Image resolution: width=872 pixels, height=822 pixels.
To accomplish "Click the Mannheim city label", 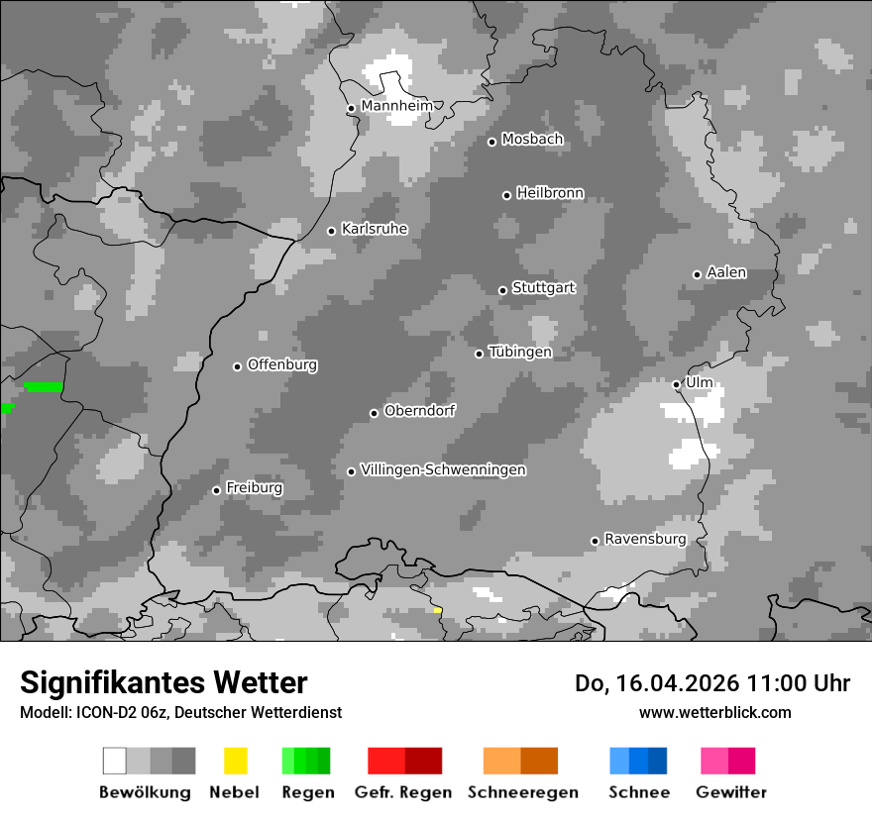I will pos(396,106).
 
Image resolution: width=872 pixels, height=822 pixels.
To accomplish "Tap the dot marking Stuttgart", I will pos(502,290).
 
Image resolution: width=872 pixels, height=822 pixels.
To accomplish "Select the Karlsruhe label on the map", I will pos(374,229).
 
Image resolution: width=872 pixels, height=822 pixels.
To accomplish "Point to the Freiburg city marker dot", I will pos(216,490).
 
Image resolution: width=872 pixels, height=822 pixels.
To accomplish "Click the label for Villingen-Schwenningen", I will pos(443,469).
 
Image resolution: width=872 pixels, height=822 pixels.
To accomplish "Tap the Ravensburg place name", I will pos(645,539).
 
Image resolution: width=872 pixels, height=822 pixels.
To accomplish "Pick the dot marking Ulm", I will pos(676,384).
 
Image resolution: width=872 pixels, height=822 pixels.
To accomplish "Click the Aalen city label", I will pos(726,272).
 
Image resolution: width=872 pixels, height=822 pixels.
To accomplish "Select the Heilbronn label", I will pos(550,193).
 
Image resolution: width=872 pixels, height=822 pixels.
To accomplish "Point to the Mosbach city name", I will pos(532,140).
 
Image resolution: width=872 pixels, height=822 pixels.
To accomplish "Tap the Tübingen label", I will pos(520,352).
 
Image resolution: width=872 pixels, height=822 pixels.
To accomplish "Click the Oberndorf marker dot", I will pos(374,413).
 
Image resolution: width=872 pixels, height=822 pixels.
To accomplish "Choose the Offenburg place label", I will pos(282,364).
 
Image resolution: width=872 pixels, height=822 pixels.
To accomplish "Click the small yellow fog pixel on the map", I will pos(437,610).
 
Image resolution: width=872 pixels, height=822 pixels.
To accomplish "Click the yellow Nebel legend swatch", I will pos(235,761).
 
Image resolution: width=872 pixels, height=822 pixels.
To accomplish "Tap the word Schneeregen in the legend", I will pos(522,792).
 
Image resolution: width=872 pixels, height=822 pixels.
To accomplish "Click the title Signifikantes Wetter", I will pos(163,682).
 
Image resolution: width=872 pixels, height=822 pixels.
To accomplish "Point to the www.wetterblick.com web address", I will pos(714,712).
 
